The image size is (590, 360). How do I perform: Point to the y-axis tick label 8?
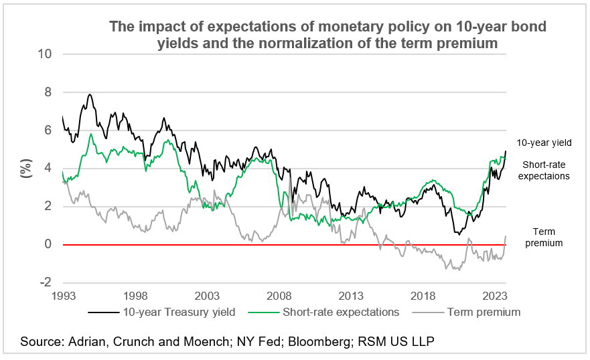click(x=48, y=92)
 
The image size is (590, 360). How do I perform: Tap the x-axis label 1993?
click(x=63, y=295)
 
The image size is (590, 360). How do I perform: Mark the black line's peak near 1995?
click(x=90, y=94)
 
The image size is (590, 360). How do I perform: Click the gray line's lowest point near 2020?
click(x=457, y=270)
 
